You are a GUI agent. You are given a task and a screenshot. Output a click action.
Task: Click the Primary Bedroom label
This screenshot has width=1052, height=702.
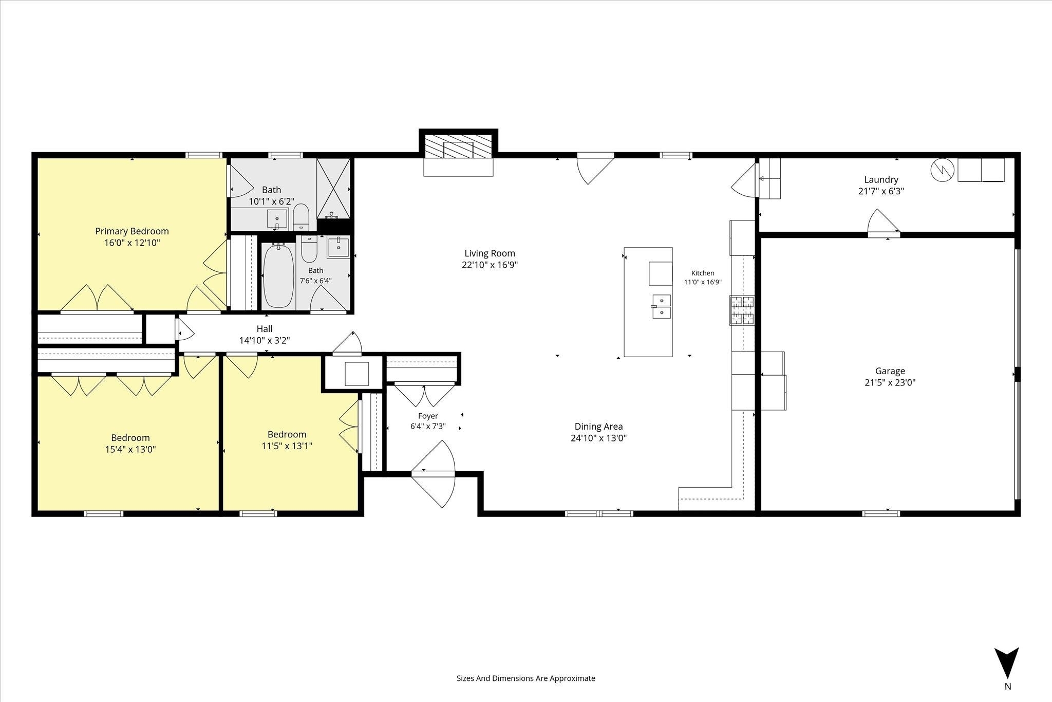click(x=132, y=231)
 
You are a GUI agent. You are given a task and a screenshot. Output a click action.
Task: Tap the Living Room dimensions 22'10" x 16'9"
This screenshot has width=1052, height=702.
click(x=490, y=265)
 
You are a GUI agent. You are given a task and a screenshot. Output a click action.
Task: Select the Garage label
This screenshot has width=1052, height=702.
click(x=890, y=371)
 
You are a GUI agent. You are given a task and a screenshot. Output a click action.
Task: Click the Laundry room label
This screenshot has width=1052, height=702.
click(x=881, y=180)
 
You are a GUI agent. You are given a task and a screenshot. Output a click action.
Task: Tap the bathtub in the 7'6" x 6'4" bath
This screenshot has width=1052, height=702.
click(x=279, y=276)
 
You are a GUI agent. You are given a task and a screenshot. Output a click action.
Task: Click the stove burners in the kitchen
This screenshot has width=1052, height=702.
click(x=742, y=310)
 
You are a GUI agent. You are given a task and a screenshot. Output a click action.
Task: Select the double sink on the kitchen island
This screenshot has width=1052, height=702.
click(x=662, y=307)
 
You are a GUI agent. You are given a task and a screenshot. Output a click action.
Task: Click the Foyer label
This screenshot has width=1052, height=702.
click(x=428, y=416)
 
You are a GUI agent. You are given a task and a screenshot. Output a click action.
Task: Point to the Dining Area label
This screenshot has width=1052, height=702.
click(x=598, y=427)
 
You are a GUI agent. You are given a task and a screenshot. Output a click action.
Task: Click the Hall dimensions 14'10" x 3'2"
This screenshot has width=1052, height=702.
click(x=265, y=340)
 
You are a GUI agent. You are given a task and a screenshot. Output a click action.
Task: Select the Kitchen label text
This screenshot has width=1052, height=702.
click(x=703, y=273)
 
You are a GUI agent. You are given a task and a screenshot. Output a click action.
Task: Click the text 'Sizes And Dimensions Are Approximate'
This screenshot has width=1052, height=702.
click(x=526, y=678)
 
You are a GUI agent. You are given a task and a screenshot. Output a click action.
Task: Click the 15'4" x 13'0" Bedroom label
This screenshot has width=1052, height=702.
click(x=130, y=438)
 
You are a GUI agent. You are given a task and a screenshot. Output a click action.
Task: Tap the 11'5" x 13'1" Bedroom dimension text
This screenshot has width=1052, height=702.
click(x=287, y=446)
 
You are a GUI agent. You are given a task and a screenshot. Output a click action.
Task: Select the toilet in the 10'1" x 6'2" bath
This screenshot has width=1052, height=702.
click(x=301, y=218)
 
